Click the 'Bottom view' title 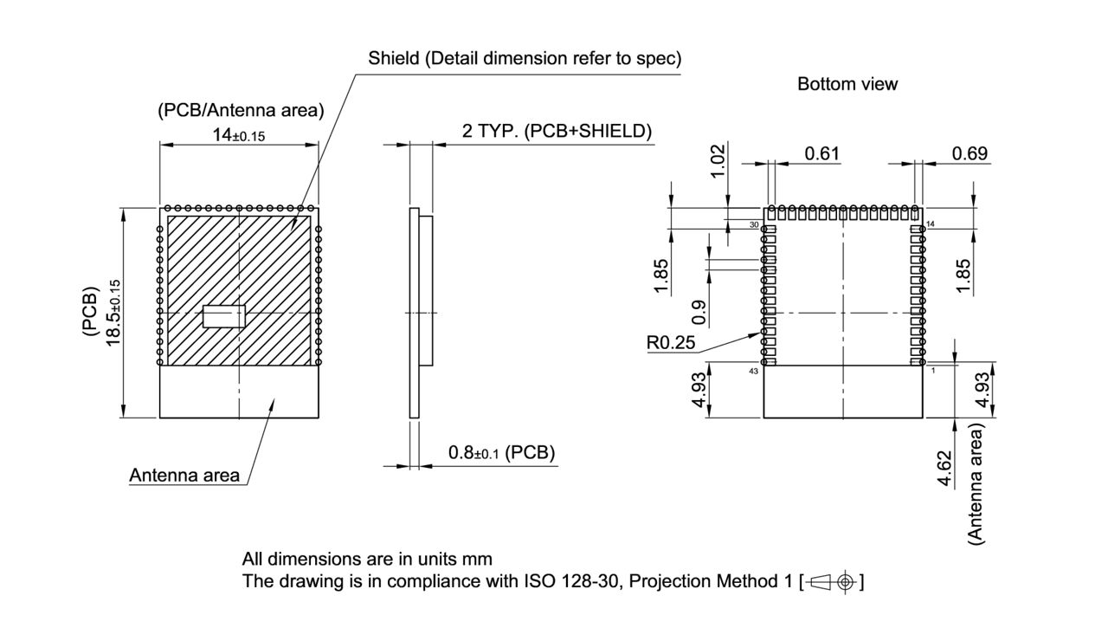point(847,84)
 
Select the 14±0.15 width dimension point(240,134)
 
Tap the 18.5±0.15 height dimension point(113,313)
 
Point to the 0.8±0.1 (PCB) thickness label point(501,452)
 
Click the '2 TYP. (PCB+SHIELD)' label point(557,131)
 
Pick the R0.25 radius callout point(671,342)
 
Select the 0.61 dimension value point(821,153)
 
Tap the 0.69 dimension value point(969,153)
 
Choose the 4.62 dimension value point(946,468)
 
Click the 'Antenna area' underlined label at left point(184,475)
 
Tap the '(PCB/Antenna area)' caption point(241,110)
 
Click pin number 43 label point(754,371)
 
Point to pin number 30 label point(754,224)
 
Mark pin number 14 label point(931,224)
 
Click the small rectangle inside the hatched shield point(224,316)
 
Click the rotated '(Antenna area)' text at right point(977,483)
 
